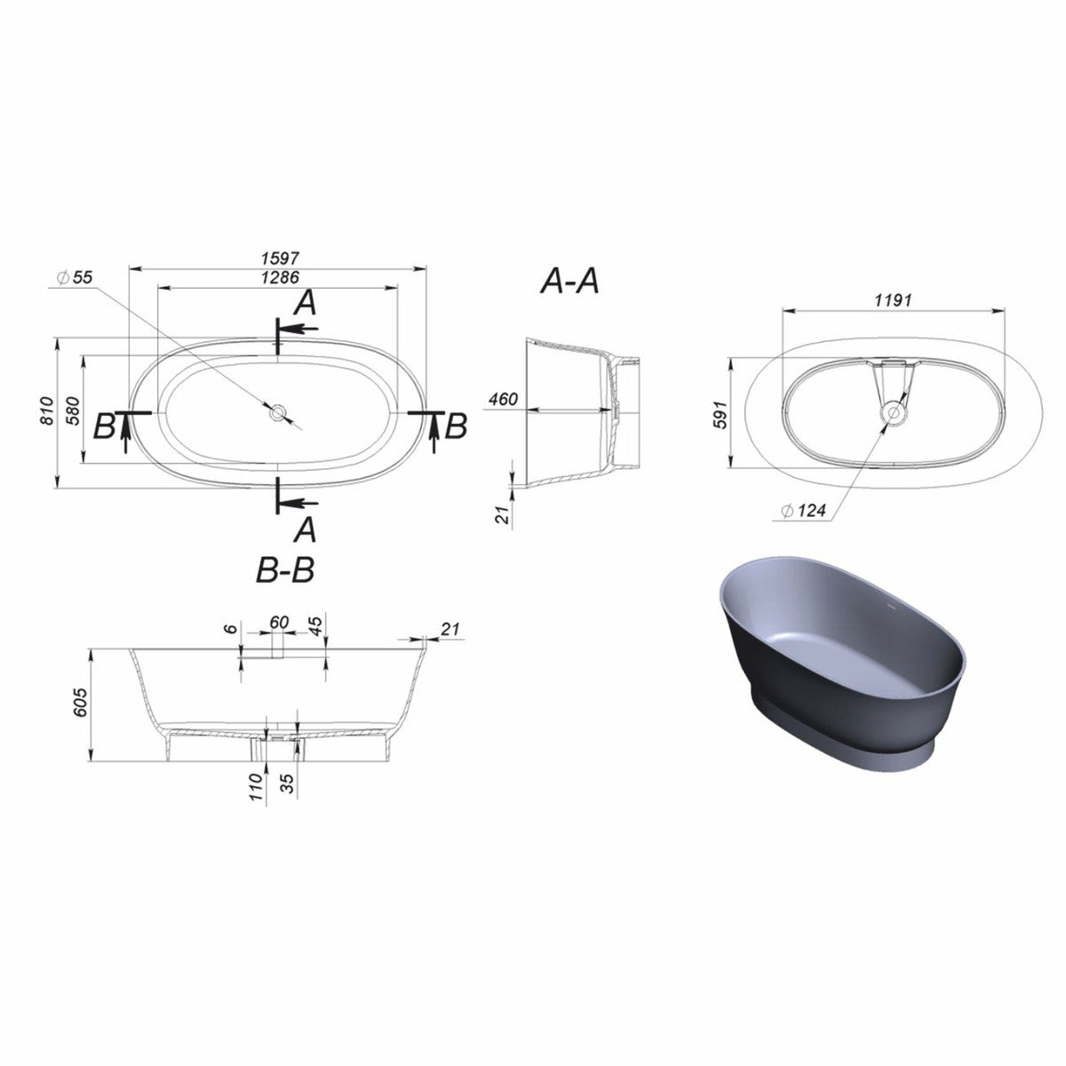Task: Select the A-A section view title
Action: [569, 282]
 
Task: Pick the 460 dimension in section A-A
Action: [503, 401]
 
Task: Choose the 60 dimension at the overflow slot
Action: [279, 623]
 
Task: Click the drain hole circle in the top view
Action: [278, 411]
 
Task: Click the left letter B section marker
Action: [104, 427]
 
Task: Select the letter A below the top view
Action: [304, 530]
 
